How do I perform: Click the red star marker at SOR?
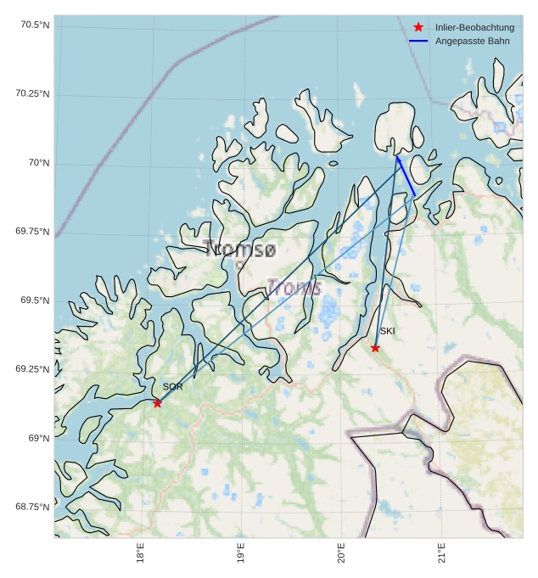(157, 403)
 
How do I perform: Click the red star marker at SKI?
(375, 348)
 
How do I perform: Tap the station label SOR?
(172, 387)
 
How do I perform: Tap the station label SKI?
(387, 331)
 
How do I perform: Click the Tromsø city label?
(239, 250)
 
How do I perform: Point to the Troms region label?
(294, 288)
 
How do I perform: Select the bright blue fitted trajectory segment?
(406, 177)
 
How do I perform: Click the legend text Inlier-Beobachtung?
(474, 28)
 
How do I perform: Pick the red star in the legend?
(418, 28)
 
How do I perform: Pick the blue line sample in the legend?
(418, 41)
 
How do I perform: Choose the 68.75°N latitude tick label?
(32, 507)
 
